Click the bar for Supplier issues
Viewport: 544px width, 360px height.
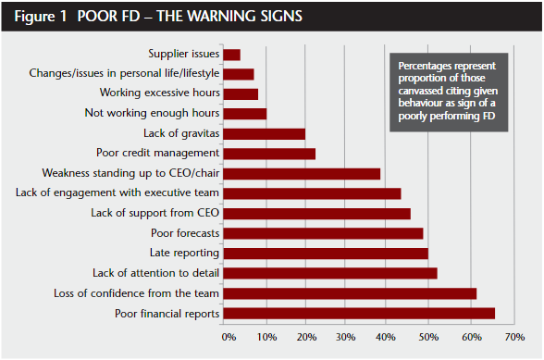(232, 56)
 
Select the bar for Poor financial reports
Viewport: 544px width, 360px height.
(359, 313)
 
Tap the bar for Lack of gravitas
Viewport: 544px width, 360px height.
(265, 134)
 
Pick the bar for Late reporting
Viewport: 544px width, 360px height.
(326, 253)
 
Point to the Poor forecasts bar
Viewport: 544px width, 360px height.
(323, 233)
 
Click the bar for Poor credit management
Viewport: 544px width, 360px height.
(269, 154)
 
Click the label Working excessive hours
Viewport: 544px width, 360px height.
(159, 93)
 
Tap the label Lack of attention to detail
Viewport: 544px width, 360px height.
(155, 273)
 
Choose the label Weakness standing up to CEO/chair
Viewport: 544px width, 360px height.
(130, 173)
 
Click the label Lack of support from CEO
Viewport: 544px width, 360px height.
(155, 213)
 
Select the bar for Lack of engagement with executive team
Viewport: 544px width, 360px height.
(313, 193)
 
